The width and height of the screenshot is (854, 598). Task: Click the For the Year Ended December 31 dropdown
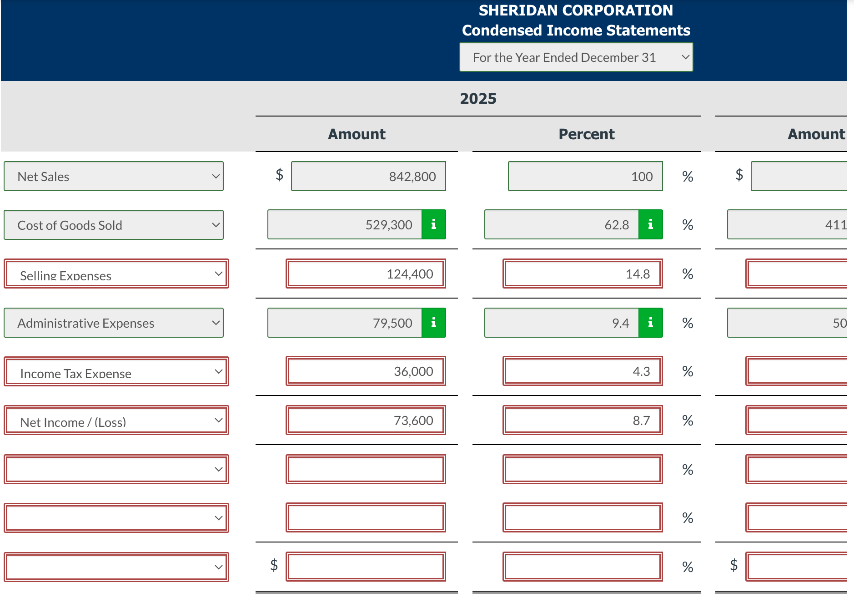click(x=576, y=57)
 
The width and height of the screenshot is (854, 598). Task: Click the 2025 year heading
click(x=478, y=99)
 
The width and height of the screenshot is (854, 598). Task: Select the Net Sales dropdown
click(x=114, y=177)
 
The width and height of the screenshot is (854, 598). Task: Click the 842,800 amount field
click(x=368, y=177)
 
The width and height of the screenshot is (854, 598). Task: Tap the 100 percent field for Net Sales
click(x=585, y=177)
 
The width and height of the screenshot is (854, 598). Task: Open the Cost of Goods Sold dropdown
click(x=114, y=225)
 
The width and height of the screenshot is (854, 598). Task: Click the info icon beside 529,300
click(x=434, y=224)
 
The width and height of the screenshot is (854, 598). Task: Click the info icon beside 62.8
click(x=651, y=224)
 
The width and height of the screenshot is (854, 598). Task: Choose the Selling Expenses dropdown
click(x=116, y=274)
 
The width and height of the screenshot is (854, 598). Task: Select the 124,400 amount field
click(x=366, y=274)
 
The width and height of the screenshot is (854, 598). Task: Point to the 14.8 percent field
click(x=583, y=274)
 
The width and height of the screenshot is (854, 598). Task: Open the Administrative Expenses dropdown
click(x=114, y=323)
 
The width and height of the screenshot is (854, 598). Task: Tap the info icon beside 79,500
click(x=434, y=323)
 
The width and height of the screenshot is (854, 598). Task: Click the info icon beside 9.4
click(x=651, y=323)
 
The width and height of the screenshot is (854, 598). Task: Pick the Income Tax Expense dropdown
click(x=116, y=372)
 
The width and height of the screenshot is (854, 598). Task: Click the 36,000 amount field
click(x=366, y=371)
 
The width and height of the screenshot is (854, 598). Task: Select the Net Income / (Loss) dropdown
click(x=116, y=421)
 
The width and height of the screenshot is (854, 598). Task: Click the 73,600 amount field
click(x=366, y=421)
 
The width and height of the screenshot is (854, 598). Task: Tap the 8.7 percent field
click(x=583, y=421)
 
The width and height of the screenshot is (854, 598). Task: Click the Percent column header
click(x=586, y=134)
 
